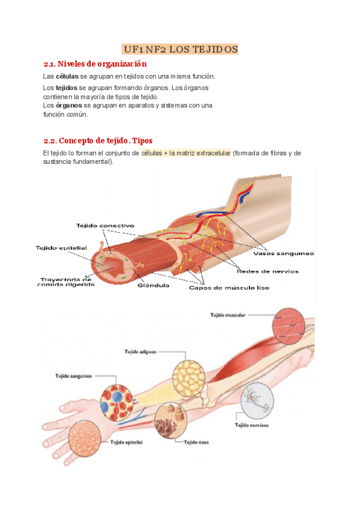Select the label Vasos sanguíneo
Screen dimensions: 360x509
click(287, 253)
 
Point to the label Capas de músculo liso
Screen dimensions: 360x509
click(229, 288)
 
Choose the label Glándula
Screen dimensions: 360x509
click(154, 285)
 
